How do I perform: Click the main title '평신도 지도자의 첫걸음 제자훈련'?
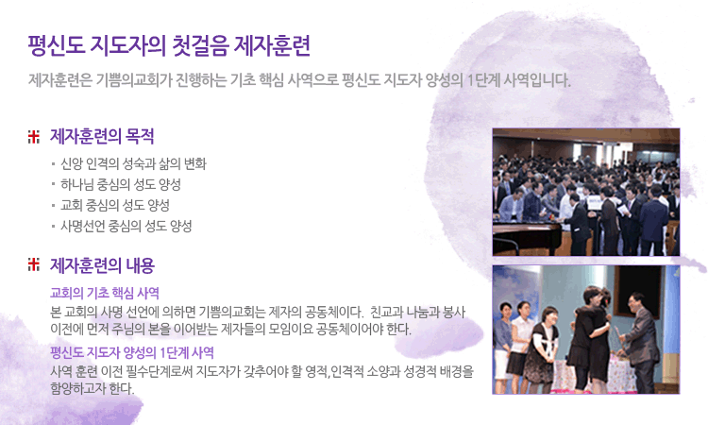coord(169,46)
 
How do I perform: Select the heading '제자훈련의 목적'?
coord(102,136)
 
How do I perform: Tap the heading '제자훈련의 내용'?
coord(102,265)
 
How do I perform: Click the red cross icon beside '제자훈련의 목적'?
coord(34,136)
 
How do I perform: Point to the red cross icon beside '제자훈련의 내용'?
coord(34,264)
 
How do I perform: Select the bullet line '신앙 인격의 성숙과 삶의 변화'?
coord(134,163)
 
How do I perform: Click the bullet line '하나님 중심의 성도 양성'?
coord(121,184)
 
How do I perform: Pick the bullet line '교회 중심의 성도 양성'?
coord(115,205)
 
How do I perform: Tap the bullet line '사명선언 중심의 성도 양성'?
coord(126,226)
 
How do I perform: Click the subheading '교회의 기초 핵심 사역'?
coord(105,293)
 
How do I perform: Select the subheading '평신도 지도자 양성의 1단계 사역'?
coord(132,352)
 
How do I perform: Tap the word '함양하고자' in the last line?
coord(76,388)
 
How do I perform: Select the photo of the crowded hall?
coord(586,192)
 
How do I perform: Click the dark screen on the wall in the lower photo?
coord(638,290)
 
